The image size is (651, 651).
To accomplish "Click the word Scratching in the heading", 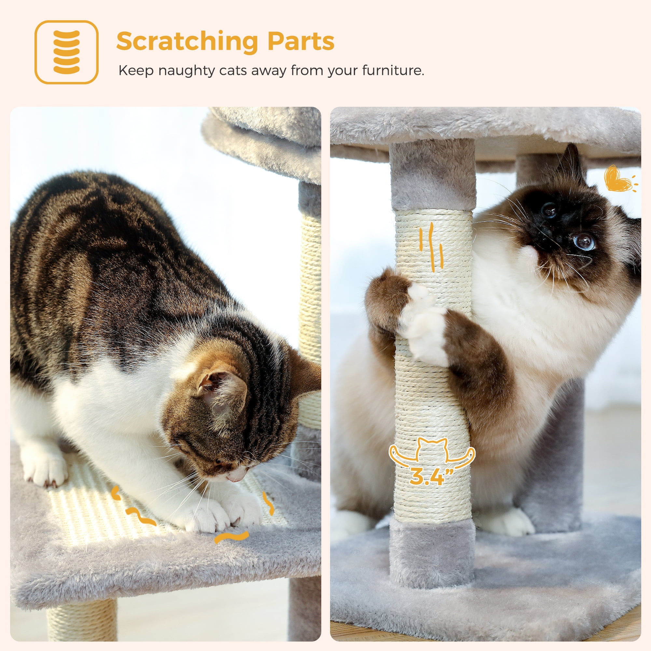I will point(187,41).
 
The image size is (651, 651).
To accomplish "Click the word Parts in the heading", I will point(300,41).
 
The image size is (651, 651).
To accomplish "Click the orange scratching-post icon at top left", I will point(66,52).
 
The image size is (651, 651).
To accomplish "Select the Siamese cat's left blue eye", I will point(549,210).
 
